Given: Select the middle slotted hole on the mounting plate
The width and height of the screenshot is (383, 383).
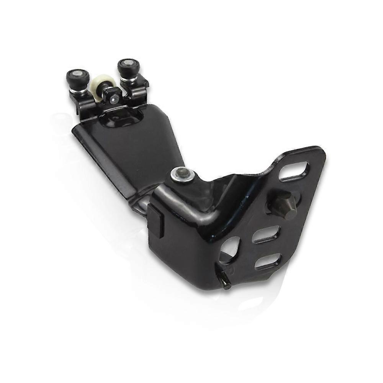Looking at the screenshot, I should coord(265,234).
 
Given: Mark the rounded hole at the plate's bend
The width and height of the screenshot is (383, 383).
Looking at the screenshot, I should coord(230,249).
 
